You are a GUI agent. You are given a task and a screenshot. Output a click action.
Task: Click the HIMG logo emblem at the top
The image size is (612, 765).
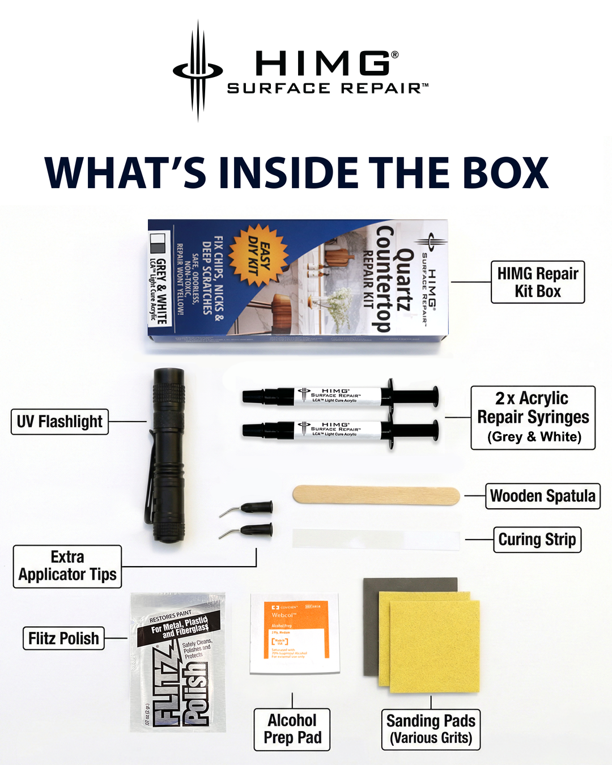point(198,71)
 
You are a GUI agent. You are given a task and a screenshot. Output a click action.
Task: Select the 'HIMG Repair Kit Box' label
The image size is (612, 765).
point(537,282)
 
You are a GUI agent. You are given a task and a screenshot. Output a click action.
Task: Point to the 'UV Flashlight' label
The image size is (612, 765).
point(59,422)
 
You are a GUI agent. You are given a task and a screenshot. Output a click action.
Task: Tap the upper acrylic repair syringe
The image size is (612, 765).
point(340,395)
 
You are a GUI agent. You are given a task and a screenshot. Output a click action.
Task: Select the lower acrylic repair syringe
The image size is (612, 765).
point(340,430)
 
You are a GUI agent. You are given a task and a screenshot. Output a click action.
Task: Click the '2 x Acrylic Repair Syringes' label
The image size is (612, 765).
point(533,418)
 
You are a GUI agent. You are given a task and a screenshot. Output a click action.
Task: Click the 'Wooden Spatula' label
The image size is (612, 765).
point(542,496)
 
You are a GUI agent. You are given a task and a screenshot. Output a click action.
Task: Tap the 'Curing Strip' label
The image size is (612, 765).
point(537,539)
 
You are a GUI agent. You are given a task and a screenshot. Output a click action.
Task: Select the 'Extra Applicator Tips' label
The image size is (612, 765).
point(67,566)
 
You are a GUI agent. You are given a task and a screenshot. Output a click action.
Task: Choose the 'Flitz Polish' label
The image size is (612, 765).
point(63,639)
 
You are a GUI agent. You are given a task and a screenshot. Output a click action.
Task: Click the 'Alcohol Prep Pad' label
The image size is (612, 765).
point(292,729)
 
